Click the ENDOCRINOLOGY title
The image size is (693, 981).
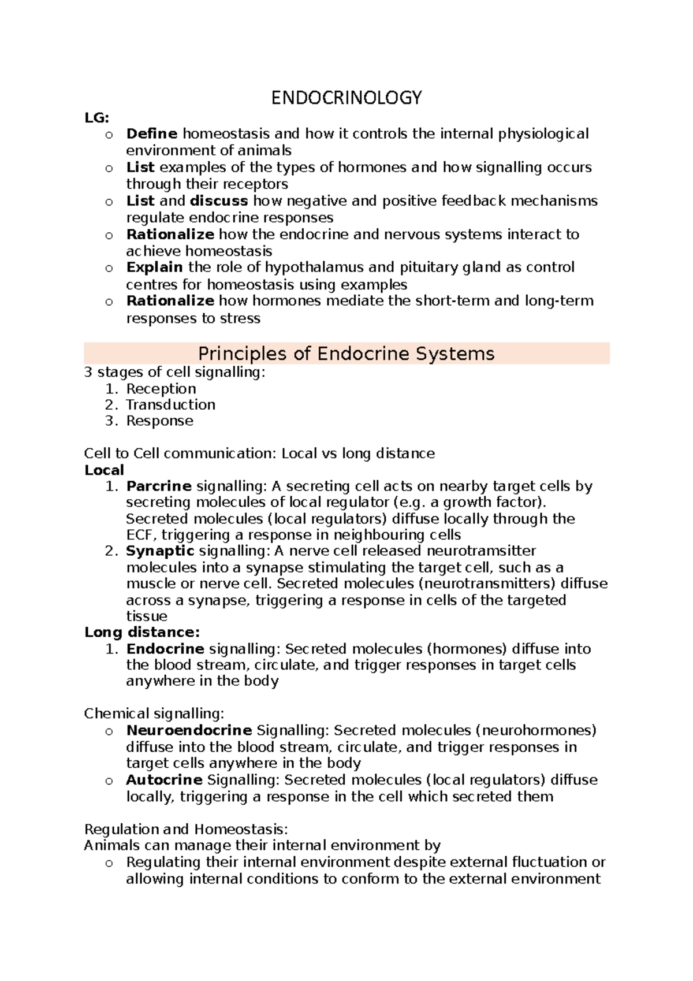(346, 98)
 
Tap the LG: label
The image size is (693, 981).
(96, 118)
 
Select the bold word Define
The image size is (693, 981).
(152, 134)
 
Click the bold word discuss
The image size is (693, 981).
(219, 201)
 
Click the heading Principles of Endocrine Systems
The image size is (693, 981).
(346, 354)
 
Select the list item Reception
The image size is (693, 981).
(161, 388)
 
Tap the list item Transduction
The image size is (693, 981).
(171, 404)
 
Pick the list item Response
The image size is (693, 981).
(160, 421)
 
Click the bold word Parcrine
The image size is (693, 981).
(159, 486)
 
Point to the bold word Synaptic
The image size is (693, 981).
(160, 551)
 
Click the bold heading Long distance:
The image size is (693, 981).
(142, 632)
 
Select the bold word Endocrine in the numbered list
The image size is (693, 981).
(165, 649)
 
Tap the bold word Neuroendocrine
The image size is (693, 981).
(189, 730)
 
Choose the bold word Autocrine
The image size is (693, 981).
(164, 780)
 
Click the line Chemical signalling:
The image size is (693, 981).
(154, 714)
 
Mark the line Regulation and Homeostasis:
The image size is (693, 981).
(185, 830)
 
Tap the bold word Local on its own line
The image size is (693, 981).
(104, 470)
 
